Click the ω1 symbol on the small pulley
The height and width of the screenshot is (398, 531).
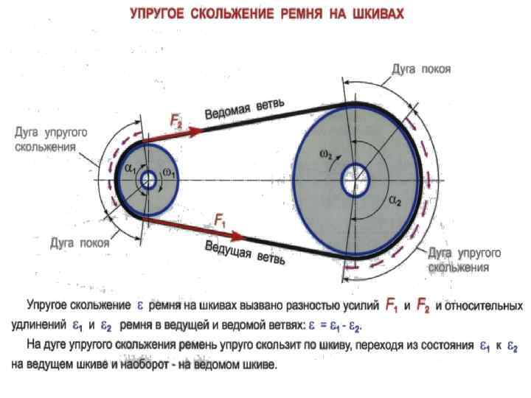tap(170, 172)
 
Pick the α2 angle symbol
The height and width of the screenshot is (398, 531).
tap(395, 201)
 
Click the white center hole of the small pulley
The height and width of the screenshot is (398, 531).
tap(147, 180)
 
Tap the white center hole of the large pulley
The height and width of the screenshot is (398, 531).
tap(355, 180)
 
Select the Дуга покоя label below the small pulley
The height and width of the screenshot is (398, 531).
tap(80, 242)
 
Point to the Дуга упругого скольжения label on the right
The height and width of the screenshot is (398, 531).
tap(465, 259)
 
